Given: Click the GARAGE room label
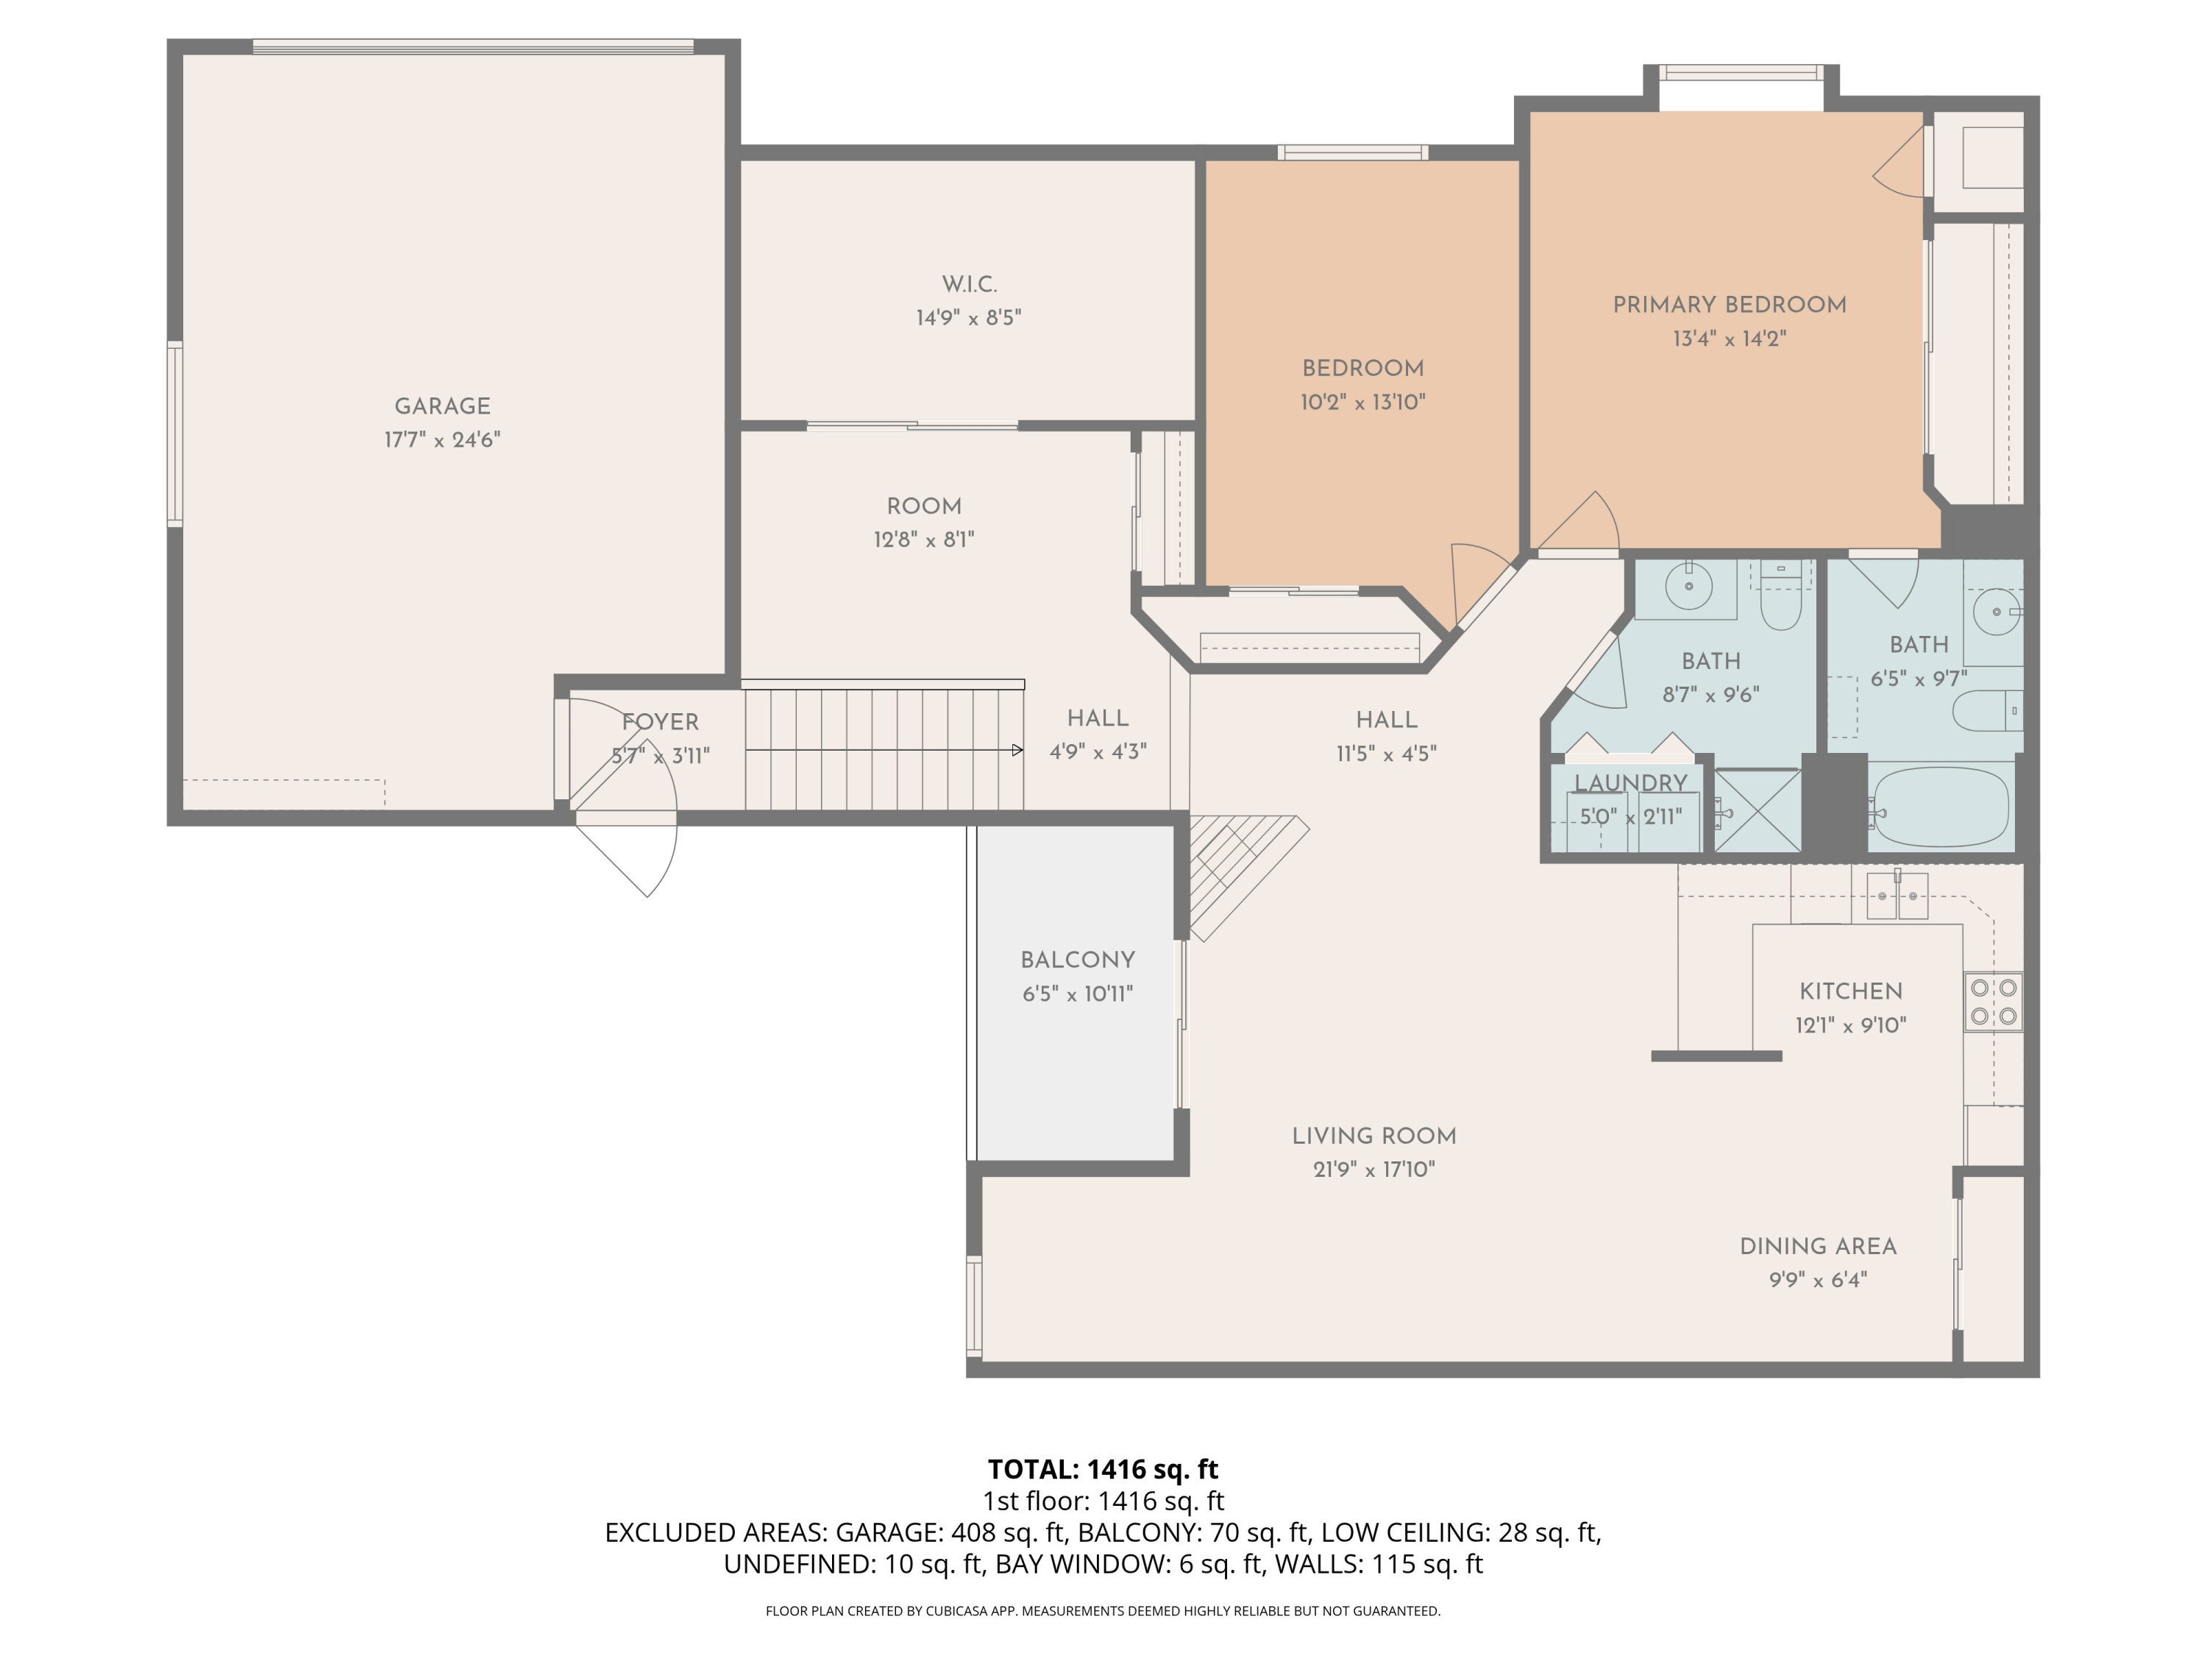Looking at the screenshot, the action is pos(442,406).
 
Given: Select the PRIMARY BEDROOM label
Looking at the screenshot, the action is pos(1729,305).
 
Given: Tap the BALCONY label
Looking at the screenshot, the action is pos(1078,960).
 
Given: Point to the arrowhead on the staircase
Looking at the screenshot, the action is pos(1017,750).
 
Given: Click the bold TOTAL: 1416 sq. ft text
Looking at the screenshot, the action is pos(1103,1469).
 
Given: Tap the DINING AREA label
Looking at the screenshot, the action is pos(1818,1247).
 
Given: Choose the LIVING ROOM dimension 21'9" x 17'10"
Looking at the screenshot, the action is pos(1374,1169).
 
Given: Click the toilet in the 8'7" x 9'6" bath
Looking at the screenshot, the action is pos(1781,596).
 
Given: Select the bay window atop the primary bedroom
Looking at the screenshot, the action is pos(1742,73).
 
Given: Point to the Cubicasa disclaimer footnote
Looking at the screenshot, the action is pos(1103,1611).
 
